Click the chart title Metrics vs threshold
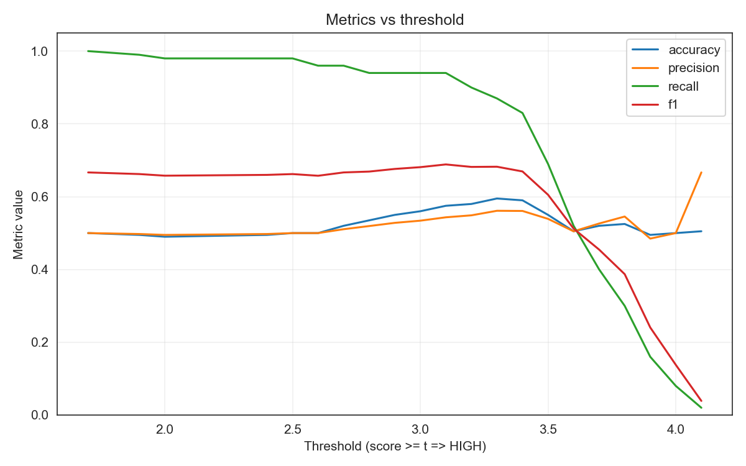pos(395,20)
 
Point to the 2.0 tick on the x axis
pos(165,429)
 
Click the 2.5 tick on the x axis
pos(292,429)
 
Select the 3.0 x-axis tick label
pos(420,429)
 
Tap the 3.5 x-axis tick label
pos(548,429)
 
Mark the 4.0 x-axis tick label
pos(676,429)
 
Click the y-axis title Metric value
pos(19,224)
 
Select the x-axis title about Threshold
pos(395,446)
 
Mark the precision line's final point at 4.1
pos(701,172)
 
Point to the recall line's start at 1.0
pos(88,51)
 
